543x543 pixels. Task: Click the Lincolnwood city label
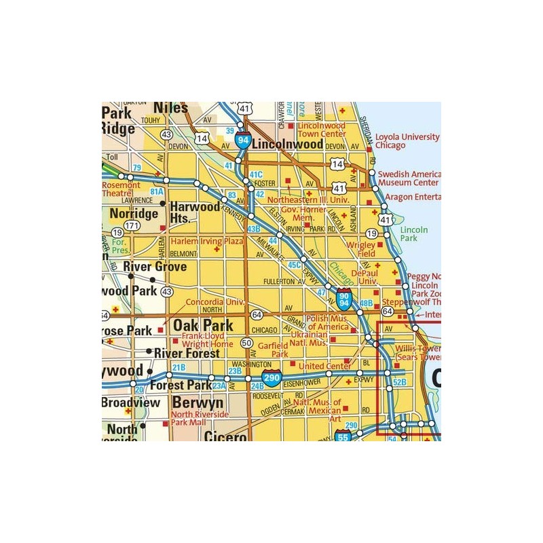click(x=287, y=145)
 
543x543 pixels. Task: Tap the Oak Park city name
click(x=202, y=325)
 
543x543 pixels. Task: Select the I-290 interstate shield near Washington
click(x=271, y=378)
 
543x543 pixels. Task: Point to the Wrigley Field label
click(x=362, y=248)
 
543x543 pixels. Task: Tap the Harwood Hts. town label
click(x=194, y=211)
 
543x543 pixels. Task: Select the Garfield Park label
click(x=271, y=350)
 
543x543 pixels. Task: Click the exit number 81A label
click(x=157, y=191)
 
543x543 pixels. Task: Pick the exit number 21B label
click(x=179, y=367)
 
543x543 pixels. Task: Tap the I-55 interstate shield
click(x=343, y=438)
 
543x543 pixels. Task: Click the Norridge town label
click(x=134, y=213)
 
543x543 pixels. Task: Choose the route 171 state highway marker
click(x=132, y=225)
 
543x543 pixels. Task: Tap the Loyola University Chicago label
click(x=407, y=141)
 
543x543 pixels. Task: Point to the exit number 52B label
click(x=399, y=382)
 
